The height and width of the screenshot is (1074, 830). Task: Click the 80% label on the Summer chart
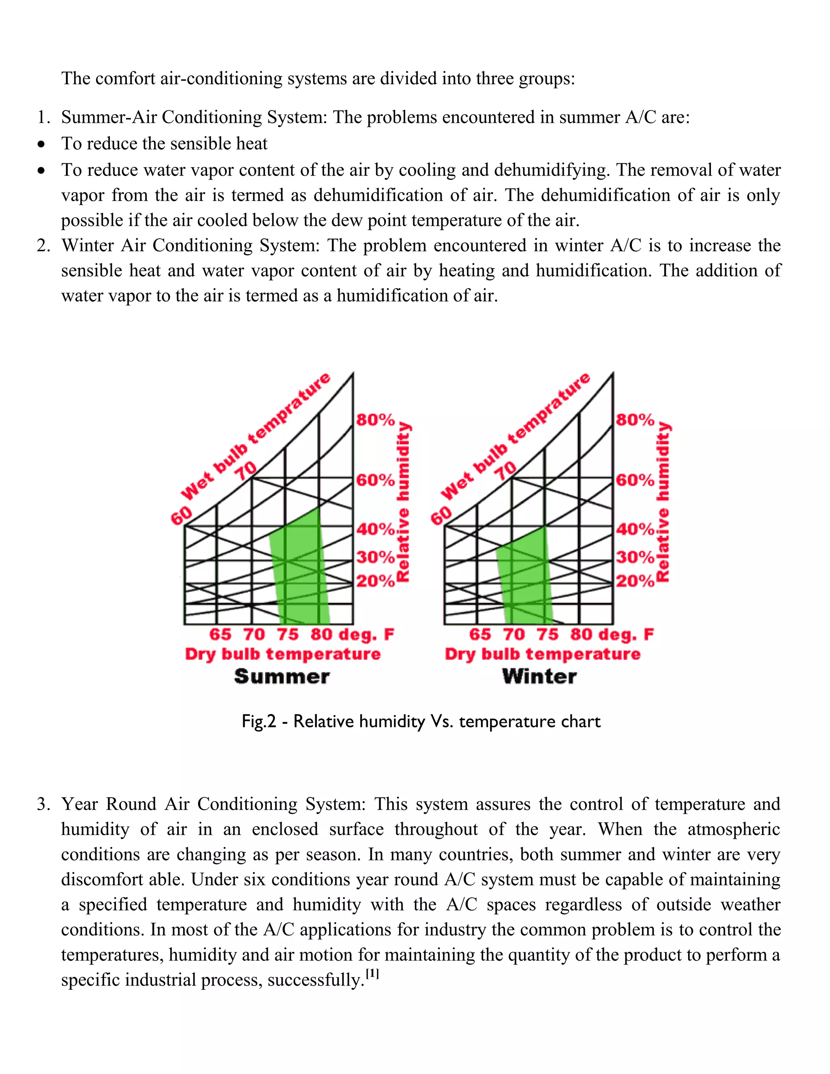(x=375, y=419)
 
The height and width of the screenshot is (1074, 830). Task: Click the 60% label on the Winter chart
(x=635, y=479)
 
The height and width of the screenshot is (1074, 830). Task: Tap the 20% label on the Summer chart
(x=375, y=581)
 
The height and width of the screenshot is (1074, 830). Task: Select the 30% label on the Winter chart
(x=635, y=557)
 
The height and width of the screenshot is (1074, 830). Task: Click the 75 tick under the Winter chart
(x=547, y=634)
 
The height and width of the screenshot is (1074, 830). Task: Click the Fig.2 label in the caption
(x=259, y=721)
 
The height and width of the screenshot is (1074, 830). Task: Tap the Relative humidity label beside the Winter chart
(x=663, y=502)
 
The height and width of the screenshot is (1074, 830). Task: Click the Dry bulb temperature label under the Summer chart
(x=283, y=654)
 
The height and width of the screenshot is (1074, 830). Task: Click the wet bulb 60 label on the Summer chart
(x=181, y=516)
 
